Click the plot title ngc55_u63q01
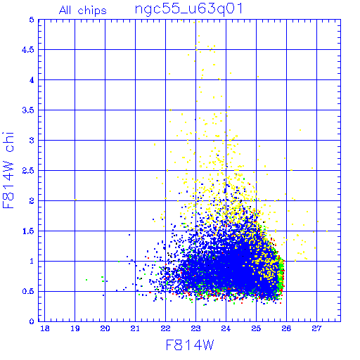[188, 10]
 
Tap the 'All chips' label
[82, 11]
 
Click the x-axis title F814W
[190, 345]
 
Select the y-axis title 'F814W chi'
[8, 170]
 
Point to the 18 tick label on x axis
[45, 328]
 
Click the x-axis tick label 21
[135, 328]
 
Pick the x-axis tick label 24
[226, 328]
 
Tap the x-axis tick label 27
[316, 328]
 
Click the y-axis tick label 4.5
[28, 50]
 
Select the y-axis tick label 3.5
[28, 110]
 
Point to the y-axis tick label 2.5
[28, 171]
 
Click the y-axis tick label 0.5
[28, 292]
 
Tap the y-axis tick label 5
[32, 20]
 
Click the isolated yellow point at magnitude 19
[75, 200]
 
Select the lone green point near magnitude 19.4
[86, 280]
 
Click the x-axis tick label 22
[165, 328]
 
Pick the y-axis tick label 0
[32, 321]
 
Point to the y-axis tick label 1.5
[28, 231]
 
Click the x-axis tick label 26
[286, 328]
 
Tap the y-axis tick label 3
[32, 141]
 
